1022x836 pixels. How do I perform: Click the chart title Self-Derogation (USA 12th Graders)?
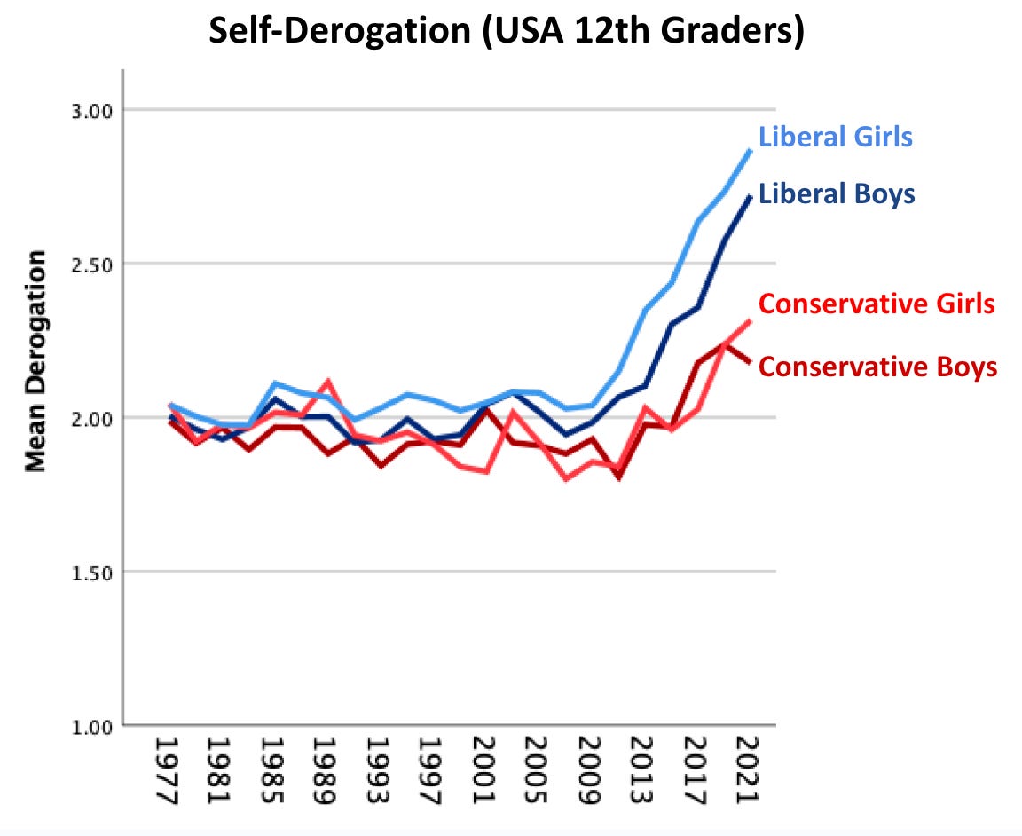[x=506, y=32]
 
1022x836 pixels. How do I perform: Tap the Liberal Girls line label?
[x=835, y=138]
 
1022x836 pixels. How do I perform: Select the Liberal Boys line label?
[x=837, y=193]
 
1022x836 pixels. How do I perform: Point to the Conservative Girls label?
[x=877, y=304]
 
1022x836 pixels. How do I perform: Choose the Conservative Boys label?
[x=878, y=367]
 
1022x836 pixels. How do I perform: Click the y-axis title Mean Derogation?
[x=35, y=361]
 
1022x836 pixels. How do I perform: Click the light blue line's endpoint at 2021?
[x=751, y=151]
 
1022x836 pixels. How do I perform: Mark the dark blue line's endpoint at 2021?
[x=751, y=197]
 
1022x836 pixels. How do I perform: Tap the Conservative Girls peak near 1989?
[x=327, y=382]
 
